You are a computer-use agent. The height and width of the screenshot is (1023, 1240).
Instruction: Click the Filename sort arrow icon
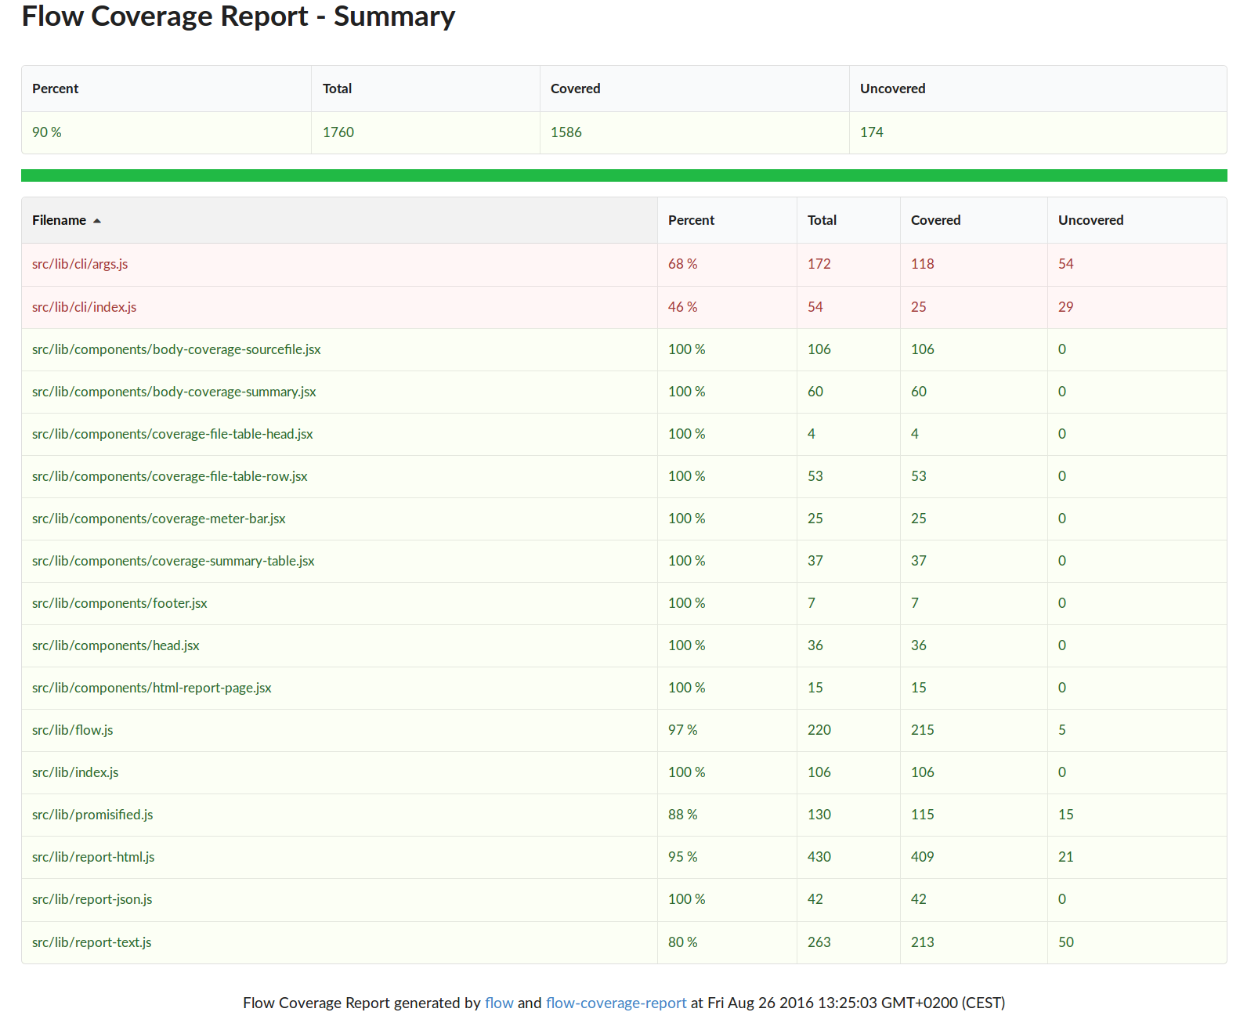pos(97,221)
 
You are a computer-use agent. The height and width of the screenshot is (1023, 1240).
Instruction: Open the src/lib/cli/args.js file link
pos(80,264)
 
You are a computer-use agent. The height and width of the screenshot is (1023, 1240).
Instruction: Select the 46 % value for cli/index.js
pos(682,306)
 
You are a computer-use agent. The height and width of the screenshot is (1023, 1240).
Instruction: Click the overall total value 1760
pos(338,132)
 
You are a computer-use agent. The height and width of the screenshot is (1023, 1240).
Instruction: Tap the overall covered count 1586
pos(566,132)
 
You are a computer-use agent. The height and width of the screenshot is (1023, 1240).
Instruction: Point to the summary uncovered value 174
pos(871,132)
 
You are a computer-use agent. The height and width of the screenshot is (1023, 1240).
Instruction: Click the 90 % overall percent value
pos(47,132)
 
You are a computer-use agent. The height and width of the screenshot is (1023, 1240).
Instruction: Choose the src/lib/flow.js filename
pos(72,729)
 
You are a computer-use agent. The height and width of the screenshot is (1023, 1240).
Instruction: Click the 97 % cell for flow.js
pos(682,729)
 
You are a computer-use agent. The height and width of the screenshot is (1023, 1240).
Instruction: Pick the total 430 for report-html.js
pos(819,857)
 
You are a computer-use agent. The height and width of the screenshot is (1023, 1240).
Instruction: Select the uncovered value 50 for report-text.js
pos(1065,942)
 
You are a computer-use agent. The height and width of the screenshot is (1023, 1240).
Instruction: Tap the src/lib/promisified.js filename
pos(92,815)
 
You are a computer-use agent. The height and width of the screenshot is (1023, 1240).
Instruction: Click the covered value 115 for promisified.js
pos(922,815)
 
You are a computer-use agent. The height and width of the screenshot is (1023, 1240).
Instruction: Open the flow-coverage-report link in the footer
pos(616,1003)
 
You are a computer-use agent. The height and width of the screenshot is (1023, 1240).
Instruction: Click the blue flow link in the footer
pos(499,1003)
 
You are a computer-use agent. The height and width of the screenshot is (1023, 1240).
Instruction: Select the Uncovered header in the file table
pos(1090,220)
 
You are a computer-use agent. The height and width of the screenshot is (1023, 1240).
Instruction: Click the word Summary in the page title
pos(394,16)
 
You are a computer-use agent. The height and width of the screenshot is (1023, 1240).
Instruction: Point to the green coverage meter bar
pos(624,175)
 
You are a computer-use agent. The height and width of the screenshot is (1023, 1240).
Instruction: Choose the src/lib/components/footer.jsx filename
pos(119,603)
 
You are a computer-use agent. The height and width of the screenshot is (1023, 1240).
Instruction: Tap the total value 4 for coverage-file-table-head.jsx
pos(812,434)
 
